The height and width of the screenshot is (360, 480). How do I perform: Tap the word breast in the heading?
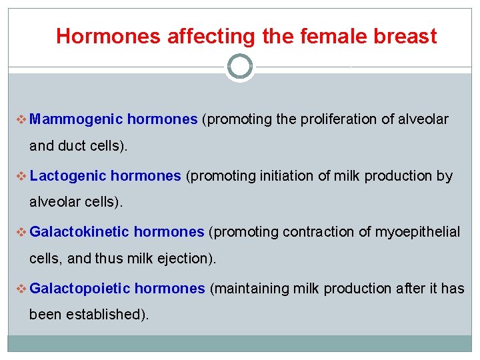point(405,36)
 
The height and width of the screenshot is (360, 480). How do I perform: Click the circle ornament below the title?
point(240,67)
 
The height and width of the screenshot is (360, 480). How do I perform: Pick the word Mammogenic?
point(76,119)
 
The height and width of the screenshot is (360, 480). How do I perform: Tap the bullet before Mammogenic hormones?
point(19,120)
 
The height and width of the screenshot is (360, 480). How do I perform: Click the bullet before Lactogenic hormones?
point(19,177)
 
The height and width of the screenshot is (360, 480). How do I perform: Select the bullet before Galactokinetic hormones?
point(19,233)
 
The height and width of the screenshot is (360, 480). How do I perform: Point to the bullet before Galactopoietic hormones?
point(19,289)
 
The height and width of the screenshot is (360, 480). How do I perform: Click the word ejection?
point(185,258)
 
